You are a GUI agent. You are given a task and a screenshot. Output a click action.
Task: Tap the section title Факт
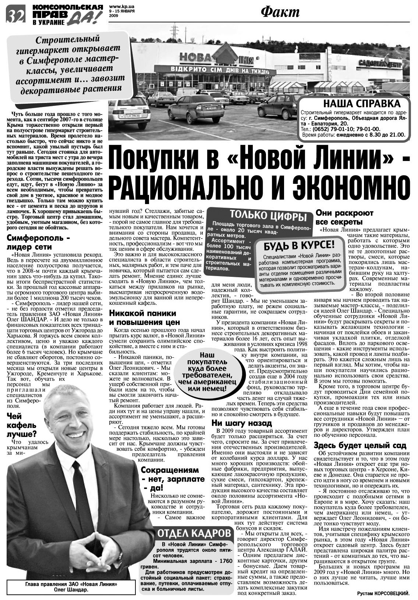280,12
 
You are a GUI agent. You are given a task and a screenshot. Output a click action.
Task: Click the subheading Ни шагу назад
242,423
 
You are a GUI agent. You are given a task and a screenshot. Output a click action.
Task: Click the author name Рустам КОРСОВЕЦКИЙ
383,593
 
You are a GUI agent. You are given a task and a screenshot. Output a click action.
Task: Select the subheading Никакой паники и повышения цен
143,318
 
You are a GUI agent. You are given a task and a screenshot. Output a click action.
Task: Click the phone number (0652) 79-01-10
336,129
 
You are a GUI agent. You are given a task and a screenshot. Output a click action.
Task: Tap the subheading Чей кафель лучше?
21,425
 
